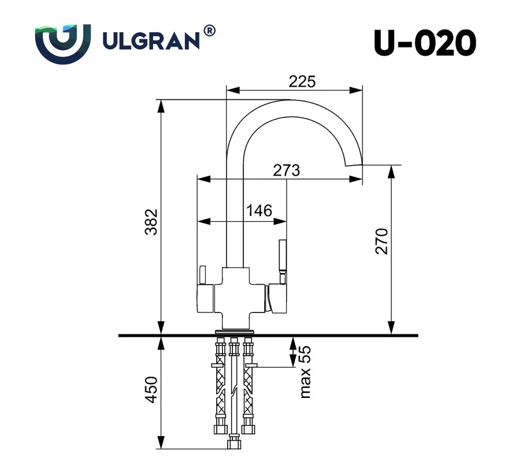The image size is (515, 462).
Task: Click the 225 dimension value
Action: [x=302, y=81]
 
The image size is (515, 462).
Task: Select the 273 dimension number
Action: [x=287, y=170]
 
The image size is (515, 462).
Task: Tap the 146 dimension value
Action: [x=259, y=211]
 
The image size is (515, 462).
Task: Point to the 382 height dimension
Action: [x=151, y=222]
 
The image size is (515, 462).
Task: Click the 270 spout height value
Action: [x=381, y=241]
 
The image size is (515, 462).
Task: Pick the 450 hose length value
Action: [x=151, y=390]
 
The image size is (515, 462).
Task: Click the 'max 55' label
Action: [x=305, y=372]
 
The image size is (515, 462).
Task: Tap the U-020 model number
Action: [x=425, y=43]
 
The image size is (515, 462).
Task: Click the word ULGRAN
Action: [x=151, y=40]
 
